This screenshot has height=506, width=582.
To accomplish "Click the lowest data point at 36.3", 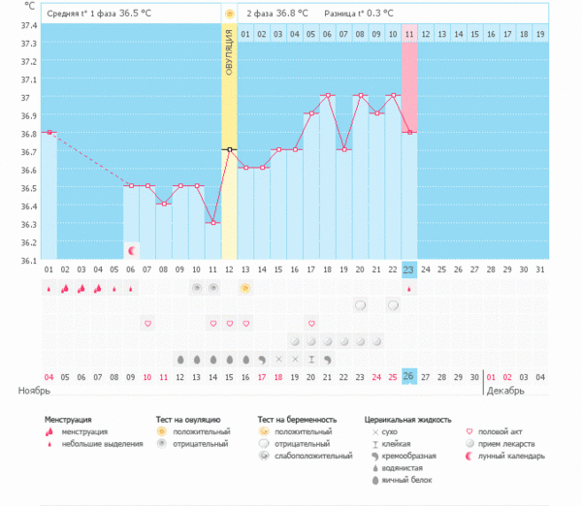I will [212, 223].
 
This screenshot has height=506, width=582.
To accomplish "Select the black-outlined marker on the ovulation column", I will [229, 149].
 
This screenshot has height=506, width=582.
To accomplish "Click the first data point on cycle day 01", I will [48, 132].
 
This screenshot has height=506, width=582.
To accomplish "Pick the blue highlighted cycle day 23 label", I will [408, 269].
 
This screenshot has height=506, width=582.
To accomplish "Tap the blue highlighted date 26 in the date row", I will [408, 376].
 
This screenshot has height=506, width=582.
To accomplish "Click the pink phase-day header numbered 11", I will [408, 34].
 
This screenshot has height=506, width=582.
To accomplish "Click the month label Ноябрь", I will [35, 391].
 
